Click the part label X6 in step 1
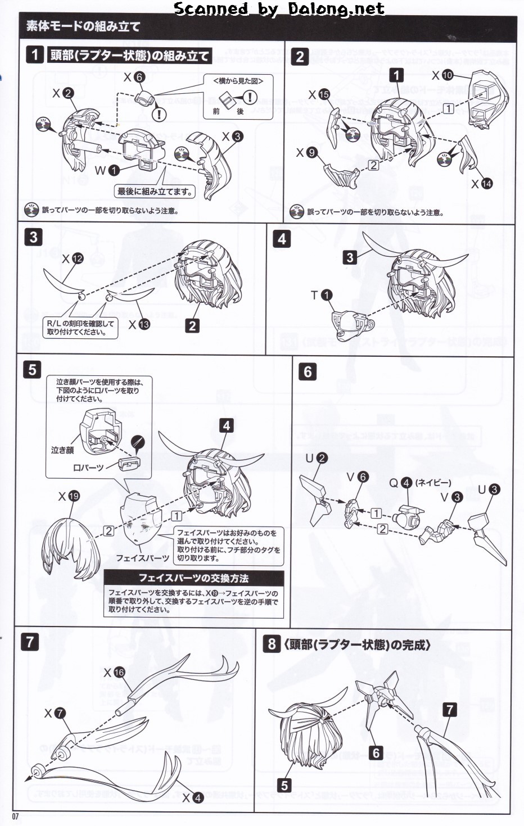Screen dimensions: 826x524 (x=134, y=78)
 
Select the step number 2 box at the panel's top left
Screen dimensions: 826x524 (x=300, y=56)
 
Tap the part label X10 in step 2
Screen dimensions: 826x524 (x=442, y=75)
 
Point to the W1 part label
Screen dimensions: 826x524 (x=107, y=170)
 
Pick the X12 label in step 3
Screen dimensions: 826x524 (x=72, y=258)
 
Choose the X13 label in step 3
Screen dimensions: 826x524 (x=139, y=324)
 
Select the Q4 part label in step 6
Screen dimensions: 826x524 (x=400, y=483)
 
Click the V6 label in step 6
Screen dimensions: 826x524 (x=357, y=477)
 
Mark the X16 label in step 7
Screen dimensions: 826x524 (x=114, y=672)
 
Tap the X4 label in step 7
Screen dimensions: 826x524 (x=192, y=797)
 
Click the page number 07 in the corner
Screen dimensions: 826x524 (x=16, y=816)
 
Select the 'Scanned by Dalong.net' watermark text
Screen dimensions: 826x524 (x=279, y=9)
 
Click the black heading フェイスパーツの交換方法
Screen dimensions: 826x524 (x=193, y=578)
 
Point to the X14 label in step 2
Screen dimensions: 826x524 (x=481, y=183)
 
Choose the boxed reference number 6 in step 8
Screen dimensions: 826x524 (x=376, y=753)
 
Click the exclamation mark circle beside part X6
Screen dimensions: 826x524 (x=161, y=115)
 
